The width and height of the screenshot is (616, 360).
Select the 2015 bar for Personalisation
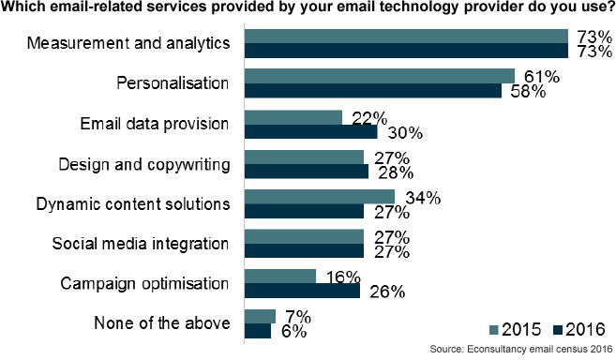(379, 76)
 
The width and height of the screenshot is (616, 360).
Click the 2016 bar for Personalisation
(372, 90)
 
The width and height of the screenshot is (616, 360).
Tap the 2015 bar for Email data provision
(293, 116)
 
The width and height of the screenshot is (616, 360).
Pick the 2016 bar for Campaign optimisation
(302, 292)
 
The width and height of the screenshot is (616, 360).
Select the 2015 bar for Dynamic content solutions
(319, 197)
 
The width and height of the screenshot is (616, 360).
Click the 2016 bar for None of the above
(257, 331)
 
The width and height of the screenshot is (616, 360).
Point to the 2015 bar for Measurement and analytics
(405, 36)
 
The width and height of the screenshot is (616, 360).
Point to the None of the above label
(161, 323)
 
